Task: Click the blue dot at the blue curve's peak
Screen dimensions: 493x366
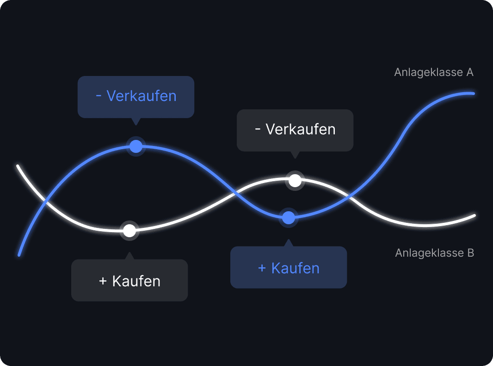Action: (x=136, y=146)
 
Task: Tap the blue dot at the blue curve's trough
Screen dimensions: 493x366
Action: (x=289, y=217)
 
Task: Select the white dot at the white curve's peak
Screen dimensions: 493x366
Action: (x=295, y=180)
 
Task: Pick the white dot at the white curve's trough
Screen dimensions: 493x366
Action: (x=129, y=230)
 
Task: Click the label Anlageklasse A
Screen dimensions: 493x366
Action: (x=433, y=72)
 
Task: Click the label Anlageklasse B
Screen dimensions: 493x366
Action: (x=434, y=253)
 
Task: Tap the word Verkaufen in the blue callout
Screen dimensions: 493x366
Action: (x=142, y=96)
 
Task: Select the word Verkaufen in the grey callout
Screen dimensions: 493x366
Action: (x=301, y=129)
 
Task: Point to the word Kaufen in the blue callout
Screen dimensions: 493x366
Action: (x=296, y=268)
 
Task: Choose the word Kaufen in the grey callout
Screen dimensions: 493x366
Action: (x=136, y=281)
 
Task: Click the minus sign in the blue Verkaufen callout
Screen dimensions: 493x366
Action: (x=99, y=96)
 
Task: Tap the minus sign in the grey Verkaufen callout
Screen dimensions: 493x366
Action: (x=258, y=129)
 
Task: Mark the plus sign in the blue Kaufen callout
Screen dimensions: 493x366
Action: (x=262, y=268)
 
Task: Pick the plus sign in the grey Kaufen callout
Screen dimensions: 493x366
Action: (x=103, y=281)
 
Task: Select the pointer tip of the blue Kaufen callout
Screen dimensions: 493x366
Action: (x=289, y=240)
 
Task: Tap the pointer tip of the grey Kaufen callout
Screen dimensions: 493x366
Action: (x=129, y=253)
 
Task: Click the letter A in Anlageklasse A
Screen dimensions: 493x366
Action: (x=469, y=72)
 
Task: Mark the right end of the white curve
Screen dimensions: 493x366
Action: (x=474, y=215)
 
